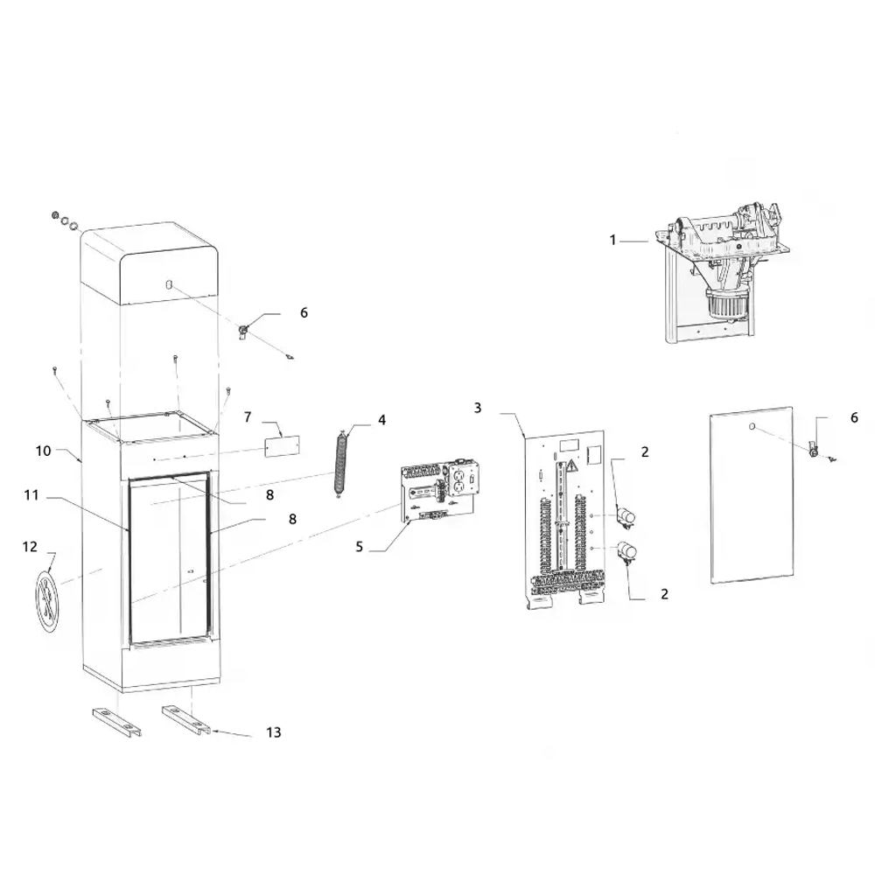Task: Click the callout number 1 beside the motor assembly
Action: [613, 239]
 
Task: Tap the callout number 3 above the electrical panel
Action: [478, 408]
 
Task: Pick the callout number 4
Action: [381, 420]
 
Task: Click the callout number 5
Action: [359, 547]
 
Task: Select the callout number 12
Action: [30, 546]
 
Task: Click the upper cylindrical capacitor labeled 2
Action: [626, 518]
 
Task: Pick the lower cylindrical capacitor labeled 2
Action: [626, 552]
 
